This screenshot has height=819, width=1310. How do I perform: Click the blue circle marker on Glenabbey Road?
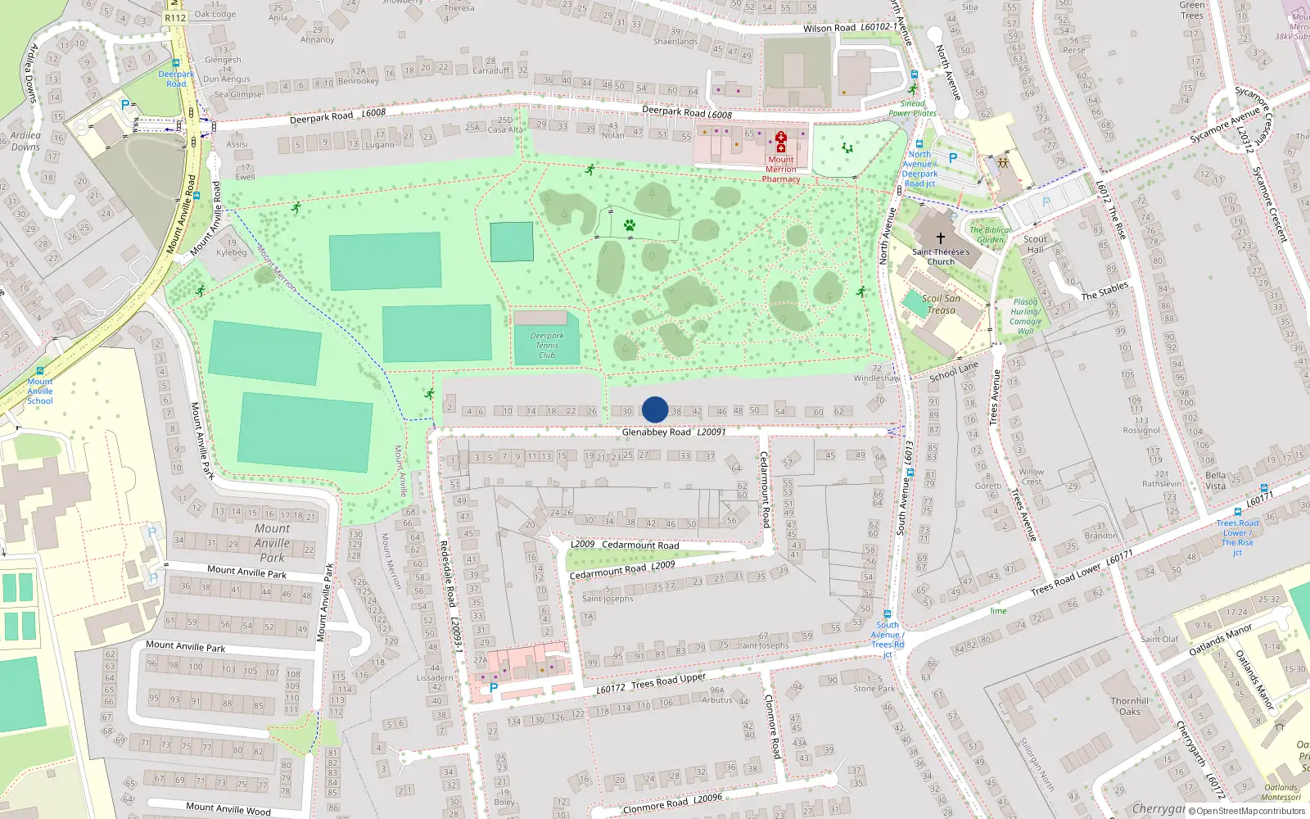click(655, 409)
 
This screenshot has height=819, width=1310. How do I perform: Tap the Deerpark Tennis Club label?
click(547, 346)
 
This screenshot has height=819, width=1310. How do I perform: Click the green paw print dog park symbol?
click(630, 224)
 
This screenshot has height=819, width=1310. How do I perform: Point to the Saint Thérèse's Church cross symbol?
click(941, 238)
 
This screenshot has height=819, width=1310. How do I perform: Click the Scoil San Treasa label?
click(942, 304)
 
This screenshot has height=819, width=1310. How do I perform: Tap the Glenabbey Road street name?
click(657, 432)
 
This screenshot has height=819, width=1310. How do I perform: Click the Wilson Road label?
click(829, 29)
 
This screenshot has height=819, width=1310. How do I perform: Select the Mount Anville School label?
click(40, 391)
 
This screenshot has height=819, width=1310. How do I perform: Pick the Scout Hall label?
click(1035, 244)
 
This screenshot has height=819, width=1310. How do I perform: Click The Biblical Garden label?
click(990, 235)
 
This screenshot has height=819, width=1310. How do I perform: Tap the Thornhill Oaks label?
click(1130, 706)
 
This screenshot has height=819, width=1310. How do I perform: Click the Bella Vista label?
click(1216, 481)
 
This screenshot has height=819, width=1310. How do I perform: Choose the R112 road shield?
click(175, 17)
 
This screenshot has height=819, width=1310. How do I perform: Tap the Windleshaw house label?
click(877, 378)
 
